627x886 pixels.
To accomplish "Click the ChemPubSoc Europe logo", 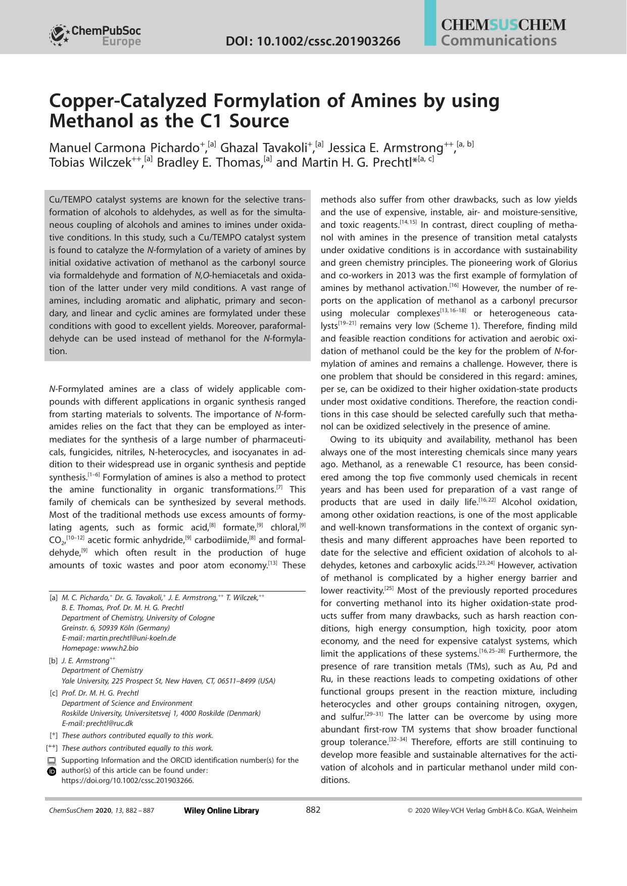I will click(x=94, y=35).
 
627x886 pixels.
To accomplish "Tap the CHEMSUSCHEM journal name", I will click(x=503, y=25).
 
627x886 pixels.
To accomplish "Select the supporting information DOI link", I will click(x=127, y=780).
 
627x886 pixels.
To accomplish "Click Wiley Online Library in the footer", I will click(x=221, y=811).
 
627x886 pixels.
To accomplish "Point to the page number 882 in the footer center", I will click(x=313, y=810).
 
